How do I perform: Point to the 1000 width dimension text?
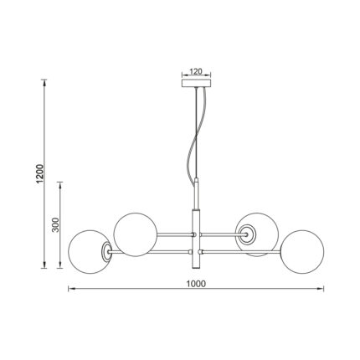pos(197,283)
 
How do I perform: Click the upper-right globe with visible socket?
pos(255,234)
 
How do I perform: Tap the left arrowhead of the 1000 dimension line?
pos(69,291)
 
